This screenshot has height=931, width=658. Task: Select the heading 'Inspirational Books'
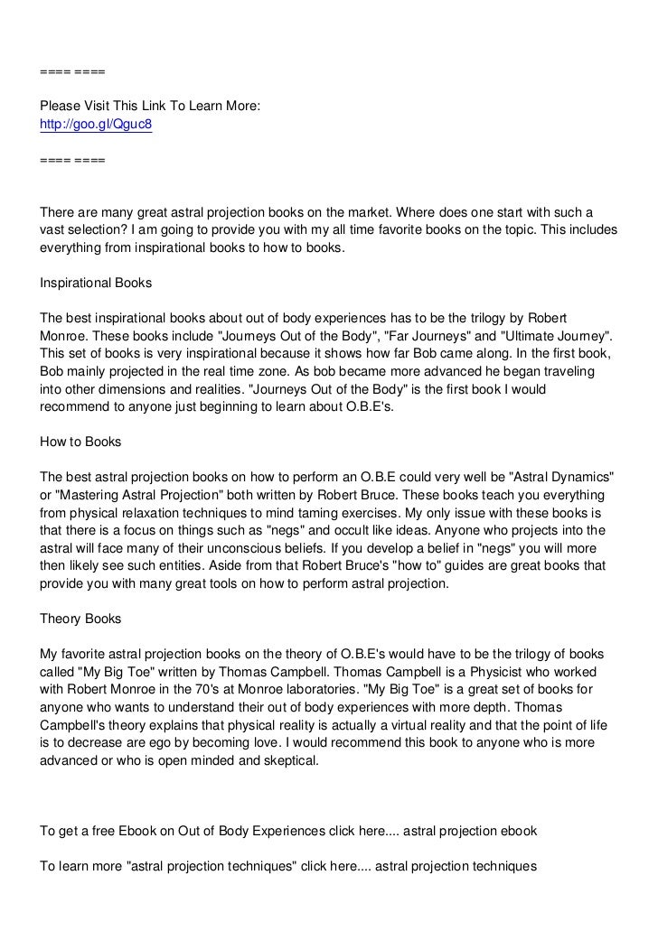(96, 283)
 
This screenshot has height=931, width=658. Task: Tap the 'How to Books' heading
(81, 442)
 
